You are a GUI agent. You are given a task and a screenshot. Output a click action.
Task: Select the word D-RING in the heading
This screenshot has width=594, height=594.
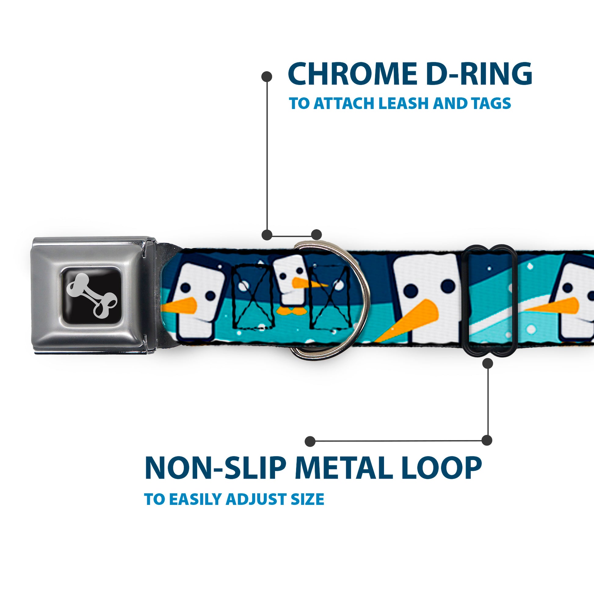pos(480,74)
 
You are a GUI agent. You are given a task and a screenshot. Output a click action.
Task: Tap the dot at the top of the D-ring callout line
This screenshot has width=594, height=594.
pos(266,77)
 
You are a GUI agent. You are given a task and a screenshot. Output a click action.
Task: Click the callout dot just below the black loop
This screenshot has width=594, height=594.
pos(487,364)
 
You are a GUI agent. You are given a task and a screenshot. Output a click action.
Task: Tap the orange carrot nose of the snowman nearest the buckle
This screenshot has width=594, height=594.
pos(181,306)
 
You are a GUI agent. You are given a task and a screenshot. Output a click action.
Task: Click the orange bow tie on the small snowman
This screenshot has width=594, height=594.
pos(288,312)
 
